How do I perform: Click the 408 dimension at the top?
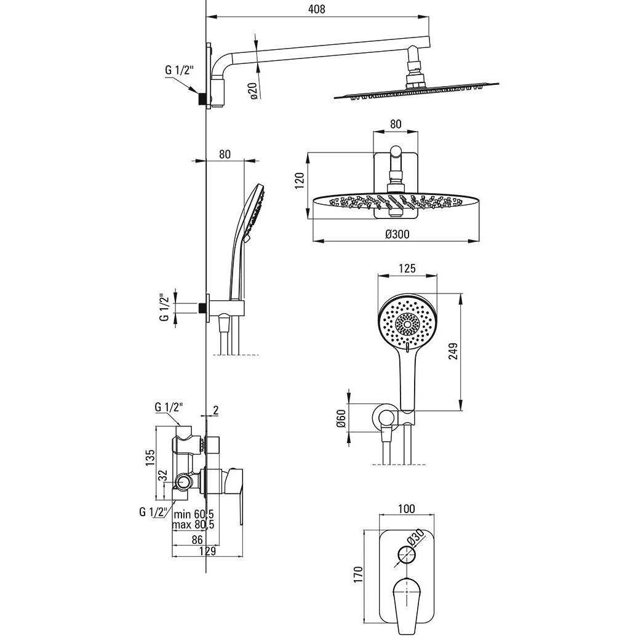[317, 9]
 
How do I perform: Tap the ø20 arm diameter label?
[252, 90]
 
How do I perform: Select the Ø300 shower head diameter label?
[397, 234]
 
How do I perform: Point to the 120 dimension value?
[300, 180]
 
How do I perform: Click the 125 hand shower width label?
[407, 268]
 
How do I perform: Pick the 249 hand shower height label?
[453, 351]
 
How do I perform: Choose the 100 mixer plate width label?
[407, 509]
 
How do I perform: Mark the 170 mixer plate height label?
[357, 575]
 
